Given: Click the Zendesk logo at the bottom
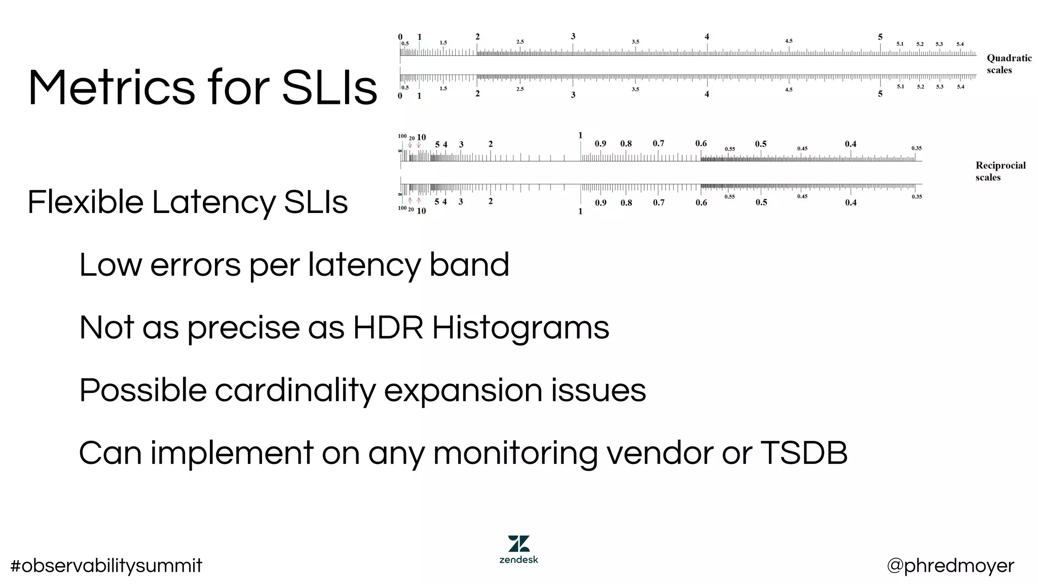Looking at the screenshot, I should coord(518,549).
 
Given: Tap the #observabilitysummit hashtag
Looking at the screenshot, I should coord(106,566).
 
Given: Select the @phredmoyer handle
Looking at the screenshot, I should coord(950,566).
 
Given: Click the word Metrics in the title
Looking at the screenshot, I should coord(111,87).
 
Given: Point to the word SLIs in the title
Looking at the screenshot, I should coord(329,87).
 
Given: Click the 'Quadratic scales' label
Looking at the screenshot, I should coord(1009,64).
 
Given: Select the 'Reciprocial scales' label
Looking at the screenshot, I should coord(1000,171).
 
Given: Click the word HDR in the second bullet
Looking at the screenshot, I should coord(388,327).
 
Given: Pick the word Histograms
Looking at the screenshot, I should coord(521,328).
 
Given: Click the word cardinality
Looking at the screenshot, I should coord(294,391).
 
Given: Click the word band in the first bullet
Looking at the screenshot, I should coord(469,265).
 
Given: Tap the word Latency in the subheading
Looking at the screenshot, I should coord(213,202).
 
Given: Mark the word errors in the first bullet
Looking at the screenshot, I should coord(195,266).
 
